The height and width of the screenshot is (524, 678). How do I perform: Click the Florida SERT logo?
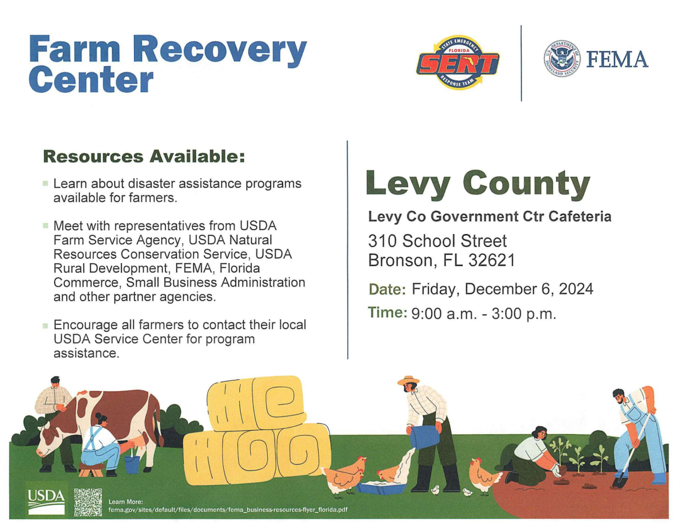click(458, 62)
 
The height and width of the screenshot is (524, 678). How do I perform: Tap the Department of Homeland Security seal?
click(562, 59)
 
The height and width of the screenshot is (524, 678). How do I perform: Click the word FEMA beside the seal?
click(617, 59)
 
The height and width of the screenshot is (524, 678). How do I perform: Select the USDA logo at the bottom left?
click(46, 502)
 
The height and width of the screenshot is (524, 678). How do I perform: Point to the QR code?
click(88, 502)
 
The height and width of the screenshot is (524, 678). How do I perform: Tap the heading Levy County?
click(478, 184)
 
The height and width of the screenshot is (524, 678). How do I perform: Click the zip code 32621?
click(492, 259)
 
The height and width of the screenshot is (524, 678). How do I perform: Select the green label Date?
click(388, 289)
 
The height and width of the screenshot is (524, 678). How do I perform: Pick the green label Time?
click(388, 313)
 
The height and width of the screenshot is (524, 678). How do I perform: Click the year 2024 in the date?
click(576, 289)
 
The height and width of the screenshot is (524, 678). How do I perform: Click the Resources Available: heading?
click(144, 157)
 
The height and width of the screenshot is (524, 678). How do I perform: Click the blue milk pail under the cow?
click(132, 464)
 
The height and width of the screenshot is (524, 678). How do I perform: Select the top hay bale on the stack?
click(257, 403)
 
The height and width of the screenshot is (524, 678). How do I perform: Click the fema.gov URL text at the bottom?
click(228, 510)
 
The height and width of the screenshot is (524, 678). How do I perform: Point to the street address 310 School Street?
click(437, 241)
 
